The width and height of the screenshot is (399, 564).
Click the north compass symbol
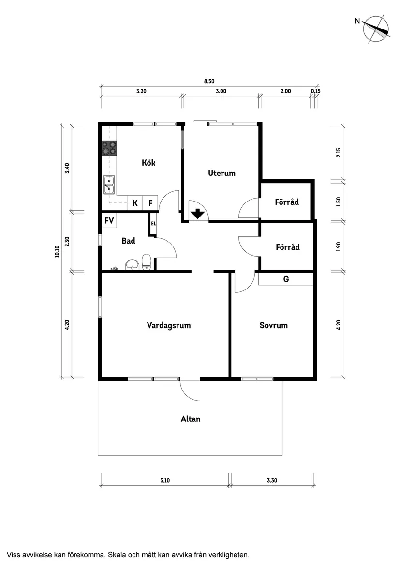click(376, 29)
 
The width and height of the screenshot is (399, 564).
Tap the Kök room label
click(148, 163)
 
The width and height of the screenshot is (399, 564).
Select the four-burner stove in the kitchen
click(109, 147)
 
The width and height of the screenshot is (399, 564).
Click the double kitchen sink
click(109, 185)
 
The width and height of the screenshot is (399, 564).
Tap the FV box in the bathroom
click(109, 221)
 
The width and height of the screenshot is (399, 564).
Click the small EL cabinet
click(153, 224)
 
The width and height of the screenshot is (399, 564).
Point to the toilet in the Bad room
click(147, 262)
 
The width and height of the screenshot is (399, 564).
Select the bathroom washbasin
click(132, 265)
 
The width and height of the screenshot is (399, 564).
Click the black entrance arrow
click(197, 213)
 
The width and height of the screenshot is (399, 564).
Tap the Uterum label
click(222, 173)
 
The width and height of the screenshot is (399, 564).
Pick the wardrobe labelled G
click(286, 279)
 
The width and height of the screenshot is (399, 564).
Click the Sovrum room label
click(273, 325)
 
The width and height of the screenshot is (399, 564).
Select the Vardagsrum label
click(168, 325)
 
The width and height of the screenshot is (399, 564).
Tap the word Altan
click(190, 419)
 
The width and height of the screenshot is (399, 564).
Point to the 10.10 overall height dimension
click(58, 251)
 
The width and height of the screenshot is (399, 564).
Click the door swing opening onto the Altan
click(190, 390)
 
